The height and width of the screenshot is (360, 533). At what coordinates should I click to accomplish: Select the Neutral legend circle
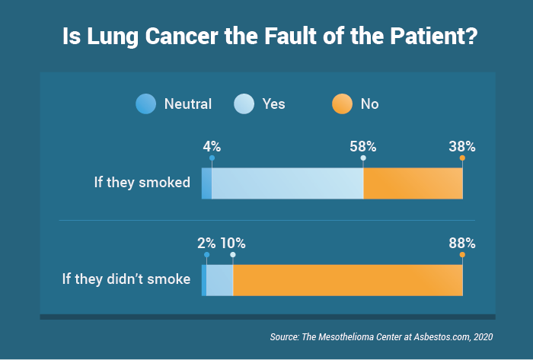pyautogui.click(x=145, y=104)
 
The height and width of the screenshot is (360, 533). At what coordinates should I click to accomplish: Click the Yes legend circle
pyautogui.click(x=243, y=104)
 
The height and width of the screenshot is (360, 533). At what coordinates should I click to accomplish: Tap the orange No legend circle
pyautogui.click(x=341, y=104)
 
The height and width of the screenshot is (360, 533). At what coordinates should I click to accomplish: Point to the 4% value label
pyautogui.click(x=212, y=146)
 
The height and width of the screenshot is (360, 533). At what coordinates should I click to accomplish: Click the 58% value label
pyautogui.click(x=363, y=146)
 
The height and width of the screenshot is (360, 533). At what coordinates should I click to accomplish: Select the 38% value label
pyautogui.click(x=462, y=146)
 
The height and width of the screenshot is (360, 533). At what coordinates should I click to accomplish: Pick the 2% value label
pyautogui.click(x=206, y=244)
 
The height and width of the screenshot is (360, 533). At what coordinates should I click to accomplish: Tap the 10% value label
pyautogui.click(x=233, y=244)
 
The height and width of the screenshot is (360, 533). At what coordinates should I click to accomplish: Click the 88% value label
pyautogui.click(x=462, y=244)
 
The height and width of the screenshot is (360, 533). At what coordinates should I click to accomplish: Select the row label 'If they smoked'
pyautogui.click(x=142, y=183)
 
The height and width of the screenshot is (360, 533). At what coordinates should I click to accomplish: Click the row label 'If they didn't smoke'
pyautogui.click(x=126, y=279)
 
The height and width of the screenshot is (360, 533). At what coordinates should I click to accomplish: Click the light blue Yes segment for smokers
pyautogui.click(x=288, y=183)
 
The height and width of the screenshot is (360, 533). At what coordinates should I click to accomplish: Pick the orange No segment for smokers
pyautogui.click(x=413, y=183)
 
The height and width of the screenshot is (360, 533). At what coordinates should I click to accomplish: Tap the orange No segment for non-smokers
pyautogui.click(x=347, y=280)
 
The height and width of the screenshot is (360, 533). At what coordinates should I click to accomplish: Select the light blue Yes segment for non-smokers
pyautogui.click(x=219, y=280)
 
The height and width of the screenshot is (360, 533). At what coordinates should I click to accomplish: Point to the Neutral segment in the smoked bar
pyautogui.click(x=206, y=183)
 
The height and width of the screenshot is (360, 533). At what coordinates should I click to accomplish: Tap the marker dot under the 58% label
pyautogui.click(x=363, y=158)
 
